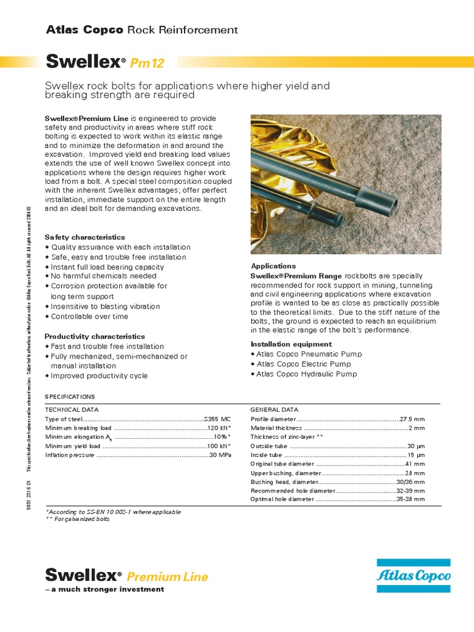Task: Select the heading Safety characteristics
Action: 85,237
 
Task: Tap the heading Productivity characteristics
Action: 94,336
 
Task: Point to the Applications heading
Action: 273,266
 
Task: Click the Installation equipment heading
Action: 291,344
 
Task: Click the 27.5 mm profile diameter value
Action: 412,419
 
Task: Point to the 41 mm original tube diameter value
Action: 415,464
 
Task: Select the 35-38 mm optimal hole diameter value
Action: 410,499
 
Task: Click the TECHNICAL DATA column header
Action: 72,409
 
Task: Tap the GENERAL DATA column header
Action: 274,409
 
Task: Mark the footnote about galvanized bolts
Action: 78,520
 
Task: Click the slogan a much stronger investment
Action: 105,589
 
